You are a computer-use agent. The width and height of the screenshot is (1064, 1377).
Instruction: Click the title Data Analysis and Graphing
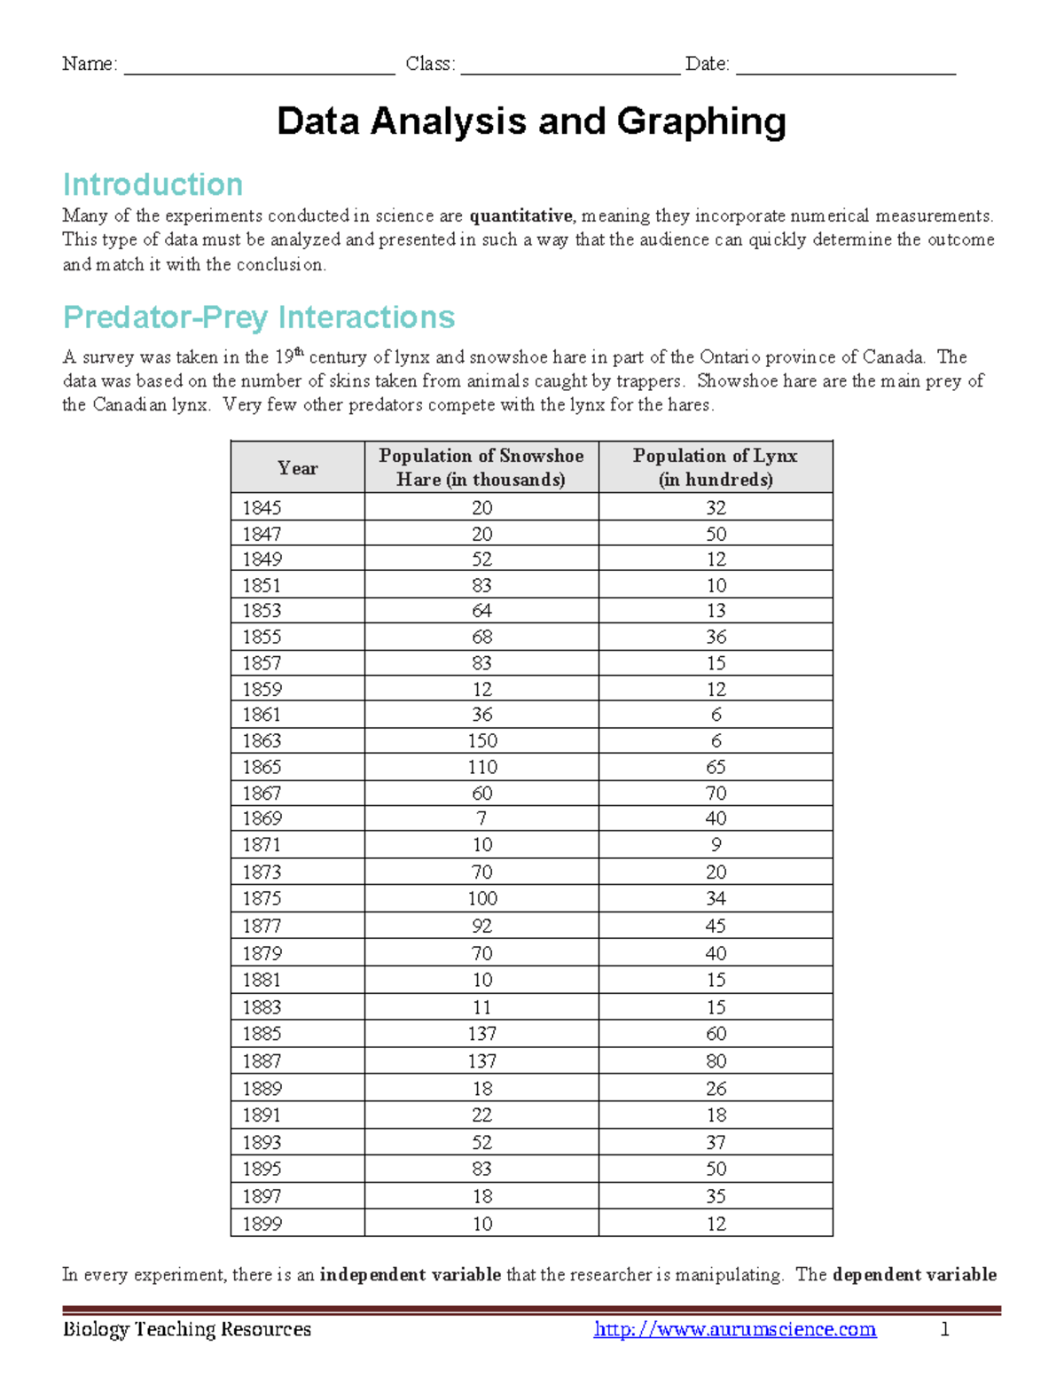click(531, 121)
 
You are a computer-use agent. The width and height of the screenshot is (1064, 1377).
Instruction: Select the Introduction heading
click(153, 184)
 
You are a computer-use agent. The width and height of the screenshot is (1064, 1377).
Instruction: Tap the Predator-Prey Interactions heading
click(259, 317)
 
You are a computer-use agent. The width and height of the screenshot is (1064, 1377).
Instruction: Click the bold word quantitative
click(520, 215)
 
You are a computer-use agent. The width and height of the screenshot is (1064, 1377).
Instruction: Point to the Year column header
click(297, 468)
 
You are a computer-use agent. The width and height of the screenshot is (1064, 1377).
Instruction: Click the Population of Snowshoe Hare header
click(481, 467)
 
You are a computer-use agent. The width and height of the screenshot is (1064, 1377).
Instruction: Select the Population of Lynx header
click(716, 467)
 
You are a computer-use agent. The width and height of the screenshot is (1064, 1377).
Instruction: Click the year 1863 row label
click(262, 740)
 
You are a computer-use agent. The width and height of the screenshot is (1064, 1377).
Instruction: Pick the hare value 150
click(481, 740)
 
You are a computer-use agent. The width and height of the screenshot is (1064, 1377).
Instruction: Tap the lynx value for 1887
click(716, 1060)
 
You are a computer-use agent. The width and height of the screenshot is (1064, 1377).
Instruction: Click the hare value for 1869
click(481, 818)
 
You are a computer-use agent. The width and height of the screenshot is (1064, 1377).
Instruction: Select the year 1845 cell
click(262, 507)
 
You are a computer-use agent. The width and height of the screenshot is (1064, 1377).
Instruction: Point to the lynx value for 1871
click(716, 844)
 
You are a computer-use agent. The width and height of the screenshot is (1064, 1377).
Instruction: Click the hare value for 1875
click(481, 898)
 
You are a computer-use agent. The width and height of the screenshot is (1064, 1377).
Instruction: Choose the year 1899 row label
click(262, 1224)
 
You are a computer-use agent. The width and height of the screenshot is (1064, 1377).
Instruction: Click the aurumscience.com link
click(735, 1329)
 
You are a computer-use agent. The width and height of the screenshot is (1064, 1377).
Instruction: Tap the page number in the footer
click(945, 1329)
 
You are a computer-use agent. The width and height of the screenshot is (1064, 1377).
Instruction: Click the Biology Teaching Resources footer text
click(186, 1329)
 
